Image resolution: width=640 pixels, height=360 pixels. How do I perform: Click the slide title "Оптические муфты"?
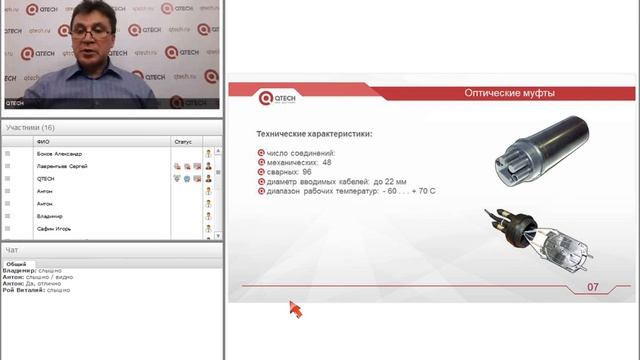510,93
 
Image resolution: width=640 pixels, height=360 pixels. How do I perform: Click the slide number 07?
592,288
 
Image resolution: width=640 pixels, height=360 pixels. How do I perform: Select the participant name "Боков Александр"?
59,154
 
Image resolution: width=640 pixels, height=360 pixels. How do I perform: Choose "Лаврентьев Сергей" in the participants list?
62,166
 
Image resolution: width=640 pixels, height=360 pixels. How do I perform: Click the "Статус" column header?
182,142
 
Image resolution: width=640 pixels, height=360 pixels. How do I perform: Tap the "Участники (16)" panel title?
30,128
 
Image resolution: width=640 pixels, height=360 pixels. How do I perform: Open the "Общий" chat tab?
17,263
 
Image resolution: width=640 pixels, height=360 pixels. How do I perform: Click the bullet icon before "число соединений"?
261,152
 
